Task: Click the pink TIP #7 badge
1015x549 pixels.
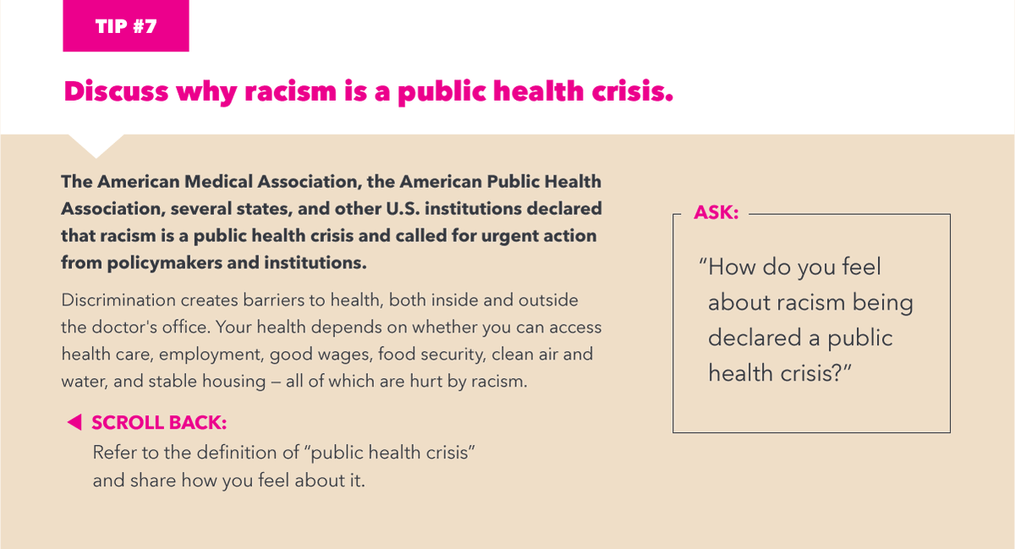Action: [126, 25]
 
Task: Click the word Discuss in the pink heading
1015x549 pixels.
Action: [117, 91]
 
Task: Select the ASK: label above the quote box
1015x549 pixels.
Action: [716, 213]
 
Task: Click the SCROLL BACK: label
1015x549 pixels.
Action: [159, 422]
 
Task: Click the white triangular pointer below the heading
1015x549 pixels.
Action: [96, 145]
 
